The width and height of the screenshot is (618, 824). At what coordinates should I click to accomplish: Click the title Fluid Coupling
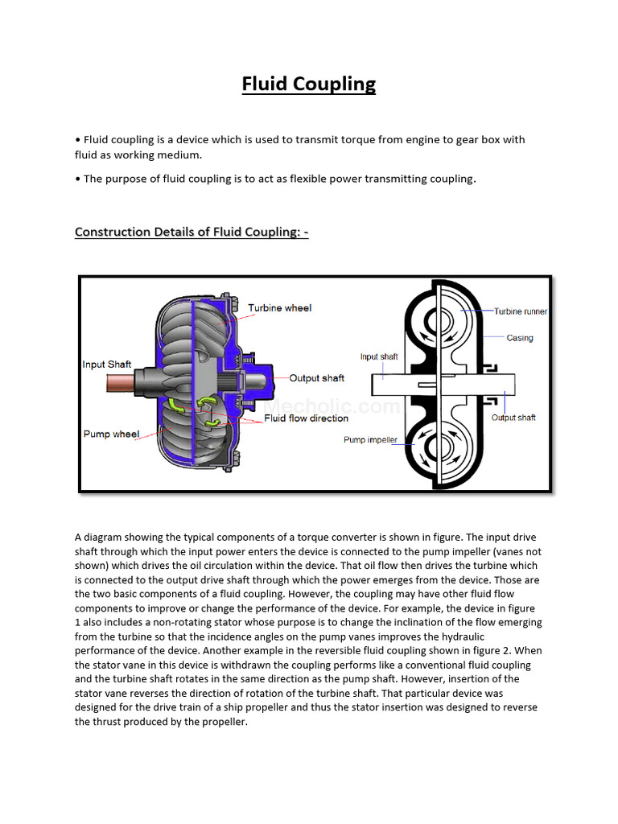tap(309, 84)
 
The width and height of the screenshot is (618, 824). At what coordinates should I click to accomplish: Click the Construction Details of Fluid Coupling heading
tap(192, 232)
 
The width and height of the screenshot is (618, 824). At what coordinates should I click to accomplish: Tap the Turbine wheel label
tap(279, 308)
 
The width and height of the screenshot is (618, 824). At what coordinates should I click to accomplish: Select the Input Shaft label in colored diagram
tap(106, 365)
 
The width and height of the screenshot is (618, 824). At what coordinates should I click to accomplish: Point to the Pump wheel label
tap(111, 435)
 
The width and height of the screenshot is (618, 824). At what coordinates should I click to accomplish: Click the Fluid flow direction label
tap(307, 418)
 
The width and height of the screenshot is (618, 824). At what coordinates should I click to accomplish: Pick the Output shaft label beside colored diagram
tap(316, 378)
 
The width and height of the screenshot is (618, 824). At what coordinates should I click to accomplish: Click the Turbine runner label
tap(521, 311)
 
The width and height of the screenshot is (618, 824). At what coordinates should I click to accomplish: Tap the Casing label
tap(519, 338)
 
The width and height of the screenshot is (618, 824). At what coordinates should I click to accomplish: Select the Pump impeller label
tap(370, 440)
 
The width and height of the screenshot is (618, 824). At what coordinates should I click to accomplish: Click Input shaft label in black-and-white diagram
tap(378, 356)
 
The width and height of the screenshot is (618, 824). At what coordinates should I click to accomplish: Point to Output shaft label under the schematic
tap(513, 418)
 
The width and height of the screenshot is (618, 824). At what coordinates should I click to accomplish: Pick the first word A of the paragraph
tap(79, 538)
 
